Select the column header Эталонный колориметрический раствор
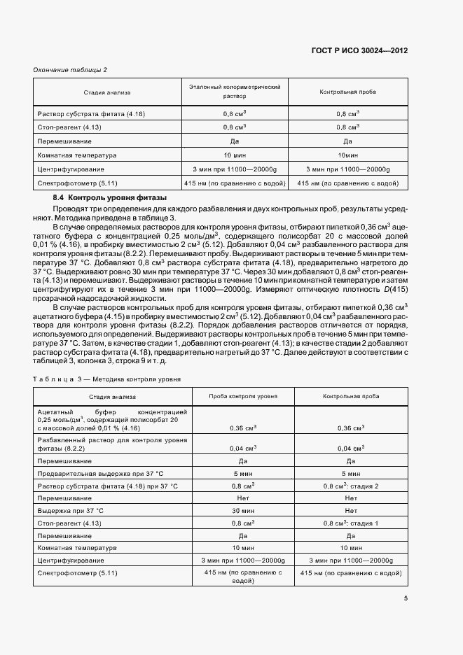[235, 92]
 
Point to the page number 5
[406, 598]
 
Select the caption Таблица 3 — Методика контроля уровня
[107, 379]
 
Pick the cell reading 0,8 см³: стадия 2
[351, 486]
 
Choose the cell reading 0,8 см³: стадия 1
[351, 523]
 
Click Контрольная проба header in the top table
[347, 92]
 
